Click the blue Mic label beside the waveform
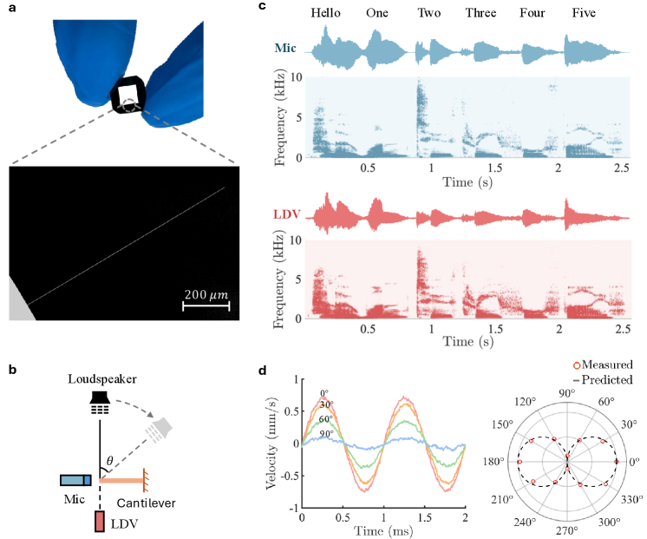[287, 50]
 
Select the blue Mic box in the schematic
[75, 480]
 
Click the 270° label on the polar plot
[567, 529]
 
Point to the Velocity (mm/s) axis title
[271, 443]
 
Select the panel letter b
[12, 369]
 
